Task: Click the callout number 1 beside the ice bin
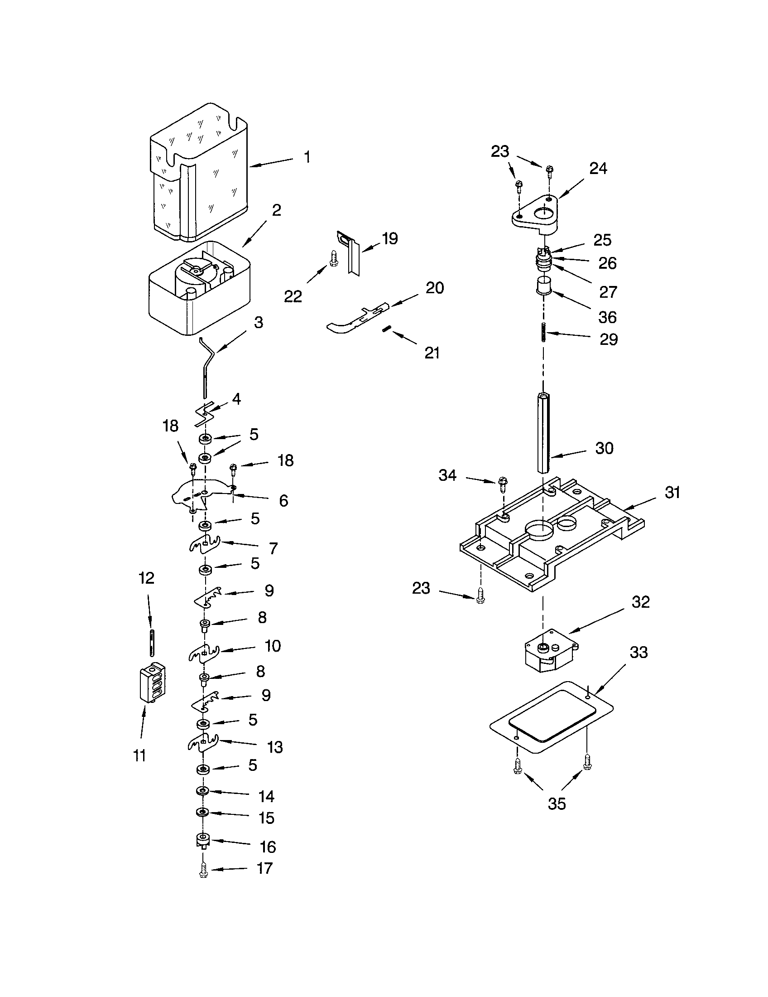pyautogui.click(x=307, y=157)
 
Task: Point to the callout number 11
pyautogui.click(x=140, y=755)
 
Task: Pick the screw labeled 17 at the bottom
pyautogui.click(x=204, y=872)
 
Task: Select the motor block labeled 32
pyautogui.click(x=547, y=653)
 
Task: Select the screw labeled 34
pyautogui.click(x=503, y=484)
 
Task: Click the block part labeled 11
pyautogui.click(x=152, y=683)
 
